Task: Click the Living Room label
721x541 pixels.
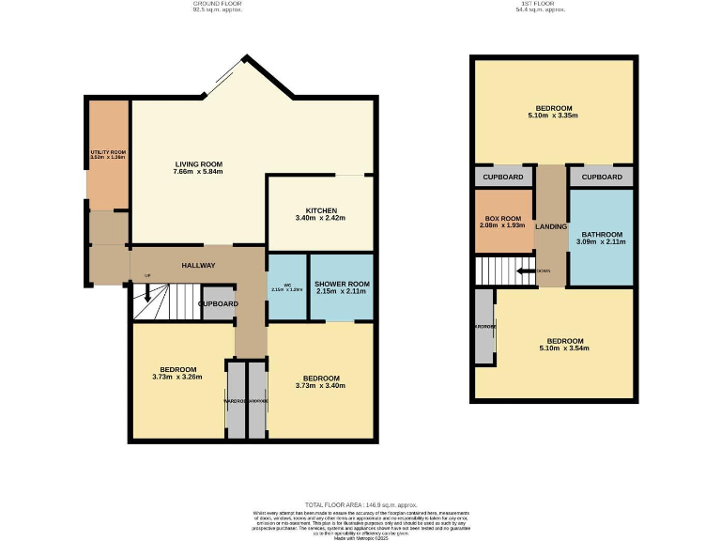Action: click(198, 164)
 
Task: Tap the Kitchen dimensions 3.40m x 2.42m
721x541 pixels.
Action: click(320, 218)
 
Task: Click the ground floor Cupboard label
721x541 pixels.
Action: click(218, 304)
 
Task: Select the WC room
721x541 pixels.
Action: click(288, 287)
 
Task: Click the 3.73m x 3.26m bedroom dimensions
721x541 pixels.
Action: click(177, 378)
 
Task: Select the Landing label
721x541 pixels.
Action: click(550, 226)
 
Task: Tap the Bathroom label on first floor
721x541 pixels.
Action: click(601, 234)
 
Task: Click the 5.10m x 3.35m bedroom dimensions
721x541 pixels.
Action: click(554, 116)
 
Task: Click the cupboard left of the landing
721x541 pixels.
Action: click(504, 177)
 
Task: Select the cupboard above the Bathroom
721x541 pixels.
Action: click(602, 177)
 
